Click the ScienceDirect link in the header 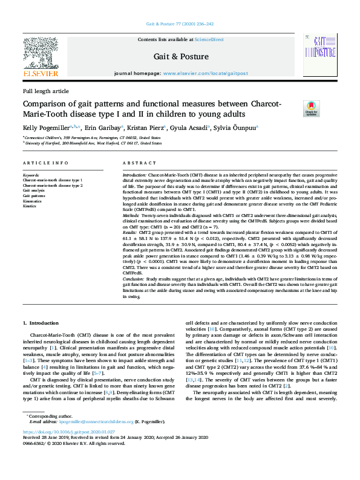(x=211, y=39)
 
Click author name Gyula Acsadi (x=188, y=128)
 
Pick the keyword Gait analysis (x=34, y=190)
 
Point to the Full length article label (x=45, y=91)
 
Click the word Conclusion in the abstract (x=136, y=279)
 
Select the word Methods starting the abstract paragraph (x=133, y=215)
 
